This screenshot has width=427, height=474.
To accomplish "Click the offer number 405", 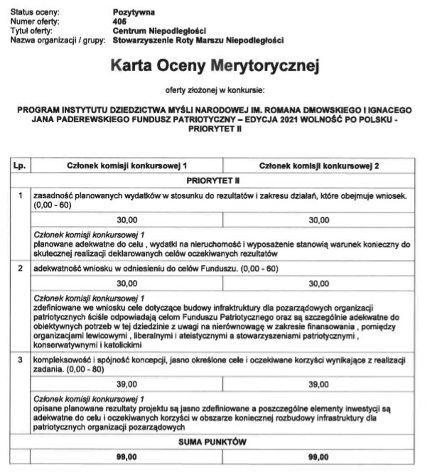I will click(x=119, y=22).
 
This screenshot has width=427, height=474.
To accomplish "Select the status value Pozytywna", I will click(x=134, y=13).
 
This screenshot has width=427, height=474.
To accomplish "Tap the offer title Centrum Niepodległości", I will click(x=159, y=31).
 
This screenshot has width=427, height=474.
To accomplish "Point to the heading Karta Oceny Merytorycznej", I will click(x=216, y=67).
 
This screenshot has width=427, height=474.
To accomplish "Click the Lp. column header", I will click(x=19, y=166).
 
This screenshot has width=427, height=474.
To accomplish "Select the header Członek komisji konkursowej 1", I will click(x=127, y=166).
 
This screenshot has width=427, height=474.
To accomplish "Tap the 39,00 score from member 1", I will click(x=127, y=384).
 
